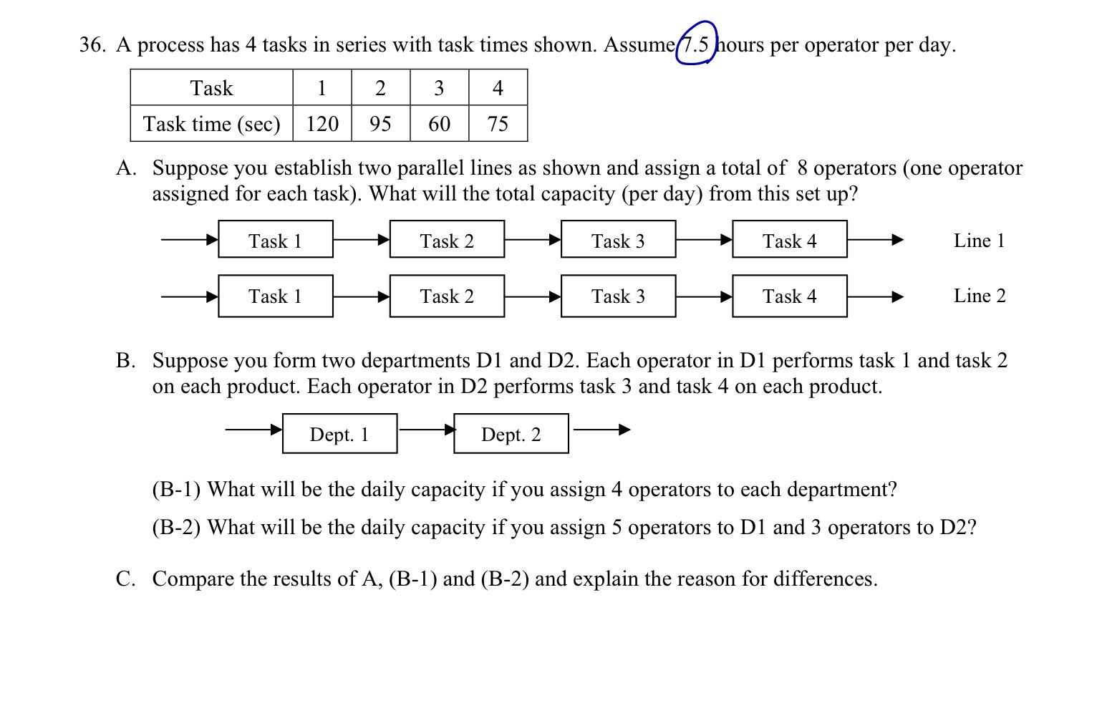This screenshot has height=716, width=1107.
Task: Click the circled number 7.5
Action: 695,44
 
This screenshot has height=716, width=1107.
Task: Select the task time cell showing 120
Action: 322,124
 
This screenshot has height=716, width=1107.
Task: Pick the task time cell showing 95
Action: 380,124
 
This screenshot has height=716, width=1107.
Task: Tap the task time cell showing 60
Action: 439,124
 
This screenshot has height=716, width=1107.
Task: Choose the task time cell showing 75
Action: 498,124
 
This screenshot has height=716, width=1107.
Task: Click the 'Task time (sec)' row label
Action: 211,124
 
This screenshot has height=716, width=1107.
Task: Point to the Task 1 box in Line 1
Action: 276,240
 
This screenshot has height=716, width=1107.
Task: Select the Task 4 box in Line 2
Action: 789,296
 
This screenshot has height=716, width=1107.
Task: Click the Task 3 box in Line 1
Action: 618,240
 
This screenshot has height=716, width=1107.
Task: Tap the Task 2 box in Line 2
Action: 447,296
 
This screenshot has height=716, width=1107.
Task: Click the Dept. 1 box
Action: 339,434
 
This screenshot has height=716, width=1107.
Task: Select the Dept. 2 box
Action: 511,434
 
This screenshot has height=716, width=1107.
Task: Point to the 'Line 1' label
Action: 979,241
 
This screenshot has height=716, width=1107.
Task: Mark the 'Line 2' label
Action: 980,296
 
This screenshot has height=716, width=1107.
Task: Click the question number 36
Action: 92,45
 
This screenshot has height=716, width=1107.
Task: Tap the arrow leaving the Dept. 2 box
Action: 601,430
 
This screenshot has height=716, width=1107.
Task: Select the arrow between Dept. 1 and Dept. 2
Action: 426,430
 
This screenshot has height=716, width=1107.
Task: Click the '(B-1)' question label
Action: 176,490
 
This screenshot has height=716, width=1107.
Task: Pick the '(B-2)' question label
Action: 176,528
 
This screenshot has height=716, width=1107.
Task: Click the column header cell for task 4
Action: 498,88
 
